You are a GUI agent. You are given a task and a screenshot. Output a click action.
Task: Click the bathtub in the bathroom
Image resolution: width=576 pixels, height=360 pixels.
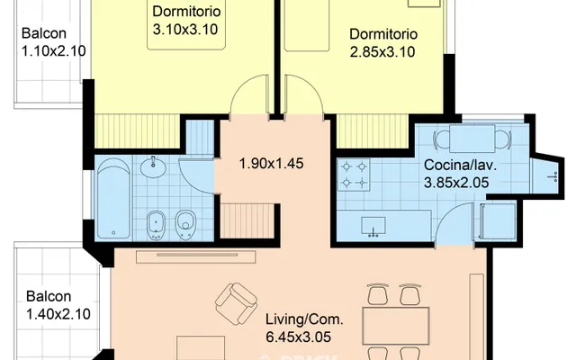pos(113,198)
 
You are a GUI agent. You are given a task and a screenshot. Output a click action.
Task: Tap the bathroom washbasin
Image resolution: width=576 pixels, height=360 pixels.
pos(153,167)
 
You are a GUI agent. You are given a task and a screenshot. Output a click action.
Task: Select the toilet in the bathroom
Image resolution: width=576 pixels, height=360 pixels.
pos(185,225)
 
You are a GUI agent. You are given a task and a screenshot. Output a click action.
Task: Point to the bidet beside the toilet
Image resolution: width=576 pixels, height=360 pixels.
pos(156,226)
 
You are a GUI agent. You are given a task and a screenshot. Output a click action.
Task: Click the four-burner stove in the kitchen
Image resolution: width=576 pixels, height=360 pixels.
pos(354,175)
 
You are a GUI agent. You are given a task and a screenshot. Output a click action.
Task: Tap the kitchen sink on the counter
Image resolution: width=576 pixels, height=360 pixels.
pos(373,226)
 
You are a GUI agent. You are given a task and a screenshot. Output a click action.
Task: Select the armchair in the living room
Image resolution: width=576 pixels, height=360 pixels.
pos(236,303)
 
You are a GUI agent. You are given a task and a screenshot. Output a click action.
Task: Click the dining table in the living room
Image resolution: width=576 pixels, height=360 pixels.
pos(396,326)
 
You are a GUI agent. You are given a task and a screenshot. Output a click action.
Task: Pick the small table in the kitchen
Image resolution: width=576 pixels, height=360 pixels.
pos(472,139)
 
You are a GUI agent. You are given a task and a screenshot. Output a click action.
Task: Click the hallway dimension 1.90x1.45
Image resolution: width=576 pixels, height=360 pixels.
pos(272,164)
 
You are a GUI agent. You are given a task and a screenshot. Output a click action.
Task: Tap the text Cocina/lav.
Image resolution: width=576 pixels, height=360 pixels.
pos(460,165)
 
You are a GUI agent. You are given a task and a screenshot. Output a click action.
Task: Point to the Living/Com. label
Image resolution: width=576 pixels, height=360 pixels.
pos(304,319)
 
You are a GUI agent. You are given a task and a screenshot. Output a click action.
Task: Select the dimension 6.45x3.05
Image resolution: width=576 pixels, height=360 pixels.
pos(298,337)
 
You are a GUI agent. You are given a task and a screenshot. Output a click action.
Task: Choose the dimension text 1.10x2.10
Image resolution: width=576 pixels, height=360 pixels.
pos(54,50)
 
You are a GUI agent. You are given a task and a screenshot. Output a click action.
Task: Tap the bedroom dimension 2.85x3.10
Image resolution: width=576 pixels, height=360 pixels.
pos(382,52)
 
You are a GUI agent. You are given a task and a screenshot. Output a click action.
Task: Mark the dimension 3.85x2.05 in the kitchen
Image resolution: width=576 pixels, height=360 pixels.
pos(456,183)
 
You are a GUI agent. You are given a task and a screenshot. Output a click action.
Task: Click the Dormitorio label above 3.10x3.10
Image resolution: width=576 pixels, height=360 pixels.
pos(186,11)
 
